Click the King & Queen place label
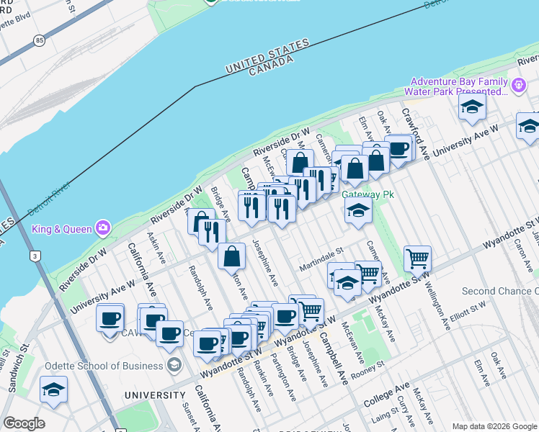62,229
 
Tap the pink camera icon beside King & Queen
102,228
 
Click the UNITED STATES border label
267,55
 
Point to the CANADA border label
271,67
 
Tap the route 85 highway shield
38,42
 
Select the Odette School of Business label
104,366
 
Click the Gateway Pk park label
364,194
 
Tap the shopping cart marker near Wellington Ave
417,258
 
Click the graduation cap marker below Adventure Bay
472,108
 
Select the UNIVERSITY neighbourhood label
154,395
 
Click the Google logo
24,423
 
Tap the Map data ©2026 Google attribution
494,426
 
